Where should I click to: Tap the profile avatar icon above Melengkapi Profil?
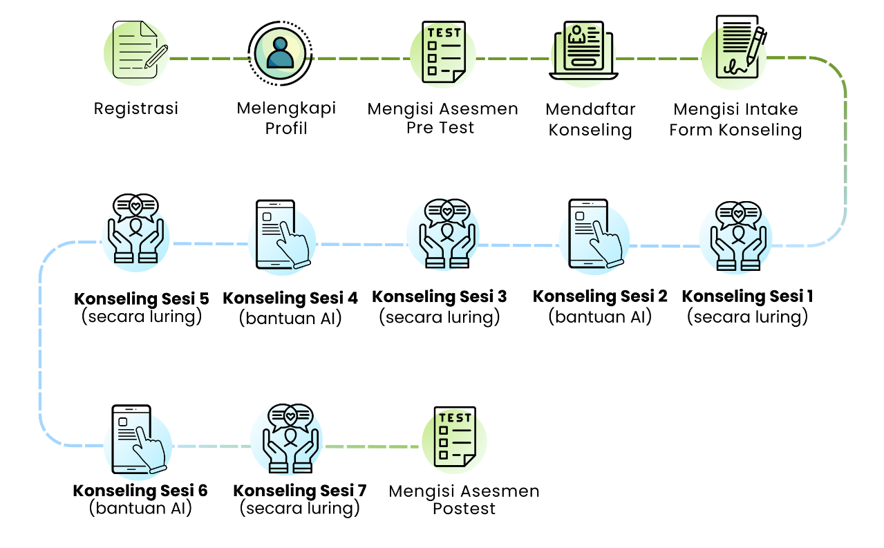tap(279, 54)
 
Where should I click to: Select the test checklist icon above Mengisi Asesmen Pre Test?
tap(442, 53)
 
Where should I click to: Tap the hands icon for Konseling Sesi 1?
tap(738, 235)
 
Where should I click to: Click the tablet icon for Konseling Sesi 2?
tap(593, 234)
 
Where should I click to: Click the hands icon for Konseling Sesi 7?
tap(290, 438)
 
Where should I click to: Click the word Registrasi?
tap(136, 108)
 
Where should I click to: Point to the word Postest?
tap(464, 509)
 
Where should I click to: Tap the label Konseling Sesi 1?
tap(747, 296)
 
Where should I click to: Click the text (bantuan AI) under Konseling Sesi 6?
tap(140, 509)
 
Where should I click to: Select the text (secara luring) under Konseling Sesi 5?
tap(142, 317)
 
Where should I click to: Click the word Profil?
tap(286, 128)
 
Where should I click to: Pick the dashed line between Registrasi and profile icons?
tap(207, 59)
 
